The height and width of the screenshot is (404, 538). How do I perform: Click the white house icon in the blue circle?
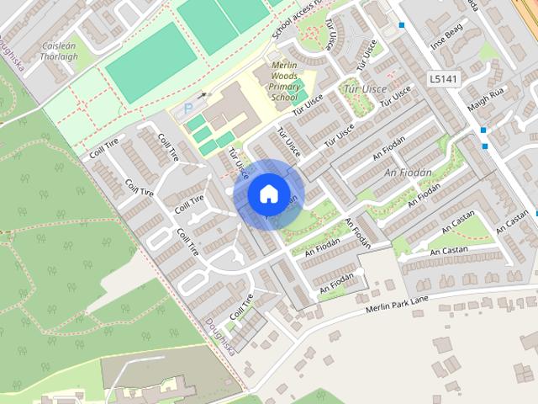click(x=267, y=194)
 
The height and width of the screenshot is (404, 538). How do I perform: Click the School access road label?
click(x=298, y=19)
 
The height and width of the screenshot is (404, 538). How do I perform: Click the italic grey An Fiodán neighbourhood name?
click(x=408, y=173)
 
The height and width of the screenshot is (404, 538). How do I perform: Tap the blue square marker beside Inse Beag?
click(x=402, y=25)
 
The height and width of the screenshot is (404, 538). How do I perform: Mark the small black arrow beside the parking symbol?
click(x=202, y=96)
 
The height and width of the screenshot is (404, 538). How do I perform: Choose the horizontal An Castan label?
click(x=446, y=251)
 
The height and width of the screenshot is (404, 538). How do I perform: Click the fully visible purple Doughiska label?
click(x=218, y=341)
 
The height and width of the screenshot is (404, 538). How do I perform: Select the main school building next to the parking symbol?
click(x=229, y=107)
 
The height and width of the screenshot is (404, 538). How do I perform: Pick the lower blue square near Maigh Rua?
click(x=485, y=146)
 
